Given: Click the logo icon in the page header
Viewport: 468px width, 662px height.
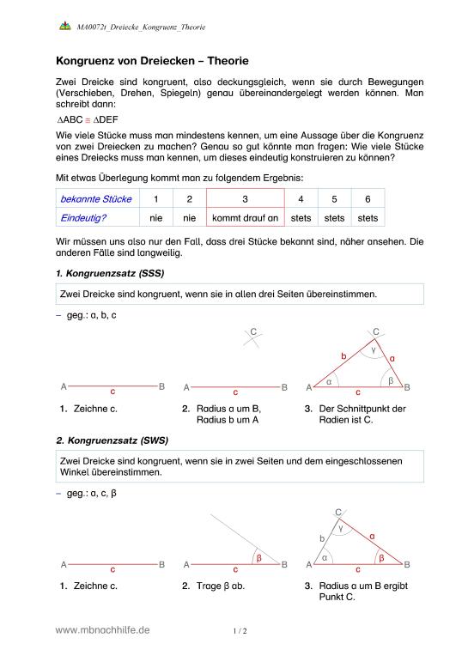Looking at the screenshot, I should (x=64, y=27).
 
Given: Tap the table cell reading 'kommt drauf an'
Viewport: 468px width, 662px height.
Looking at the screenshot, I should (x=245, y=218).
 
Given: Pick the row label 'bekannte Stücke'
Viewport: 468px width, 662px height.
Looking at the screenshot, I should (x=95, y=199).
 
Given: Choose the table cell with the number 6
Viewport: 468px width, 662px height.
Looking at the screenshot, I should (x=367, y=199).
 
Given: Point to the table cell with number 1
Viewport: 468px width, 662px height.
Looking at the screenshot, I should (x=155, y=199).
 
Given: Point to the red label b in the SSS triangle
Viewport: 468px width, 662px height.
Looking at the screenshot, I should (x=343, y=355).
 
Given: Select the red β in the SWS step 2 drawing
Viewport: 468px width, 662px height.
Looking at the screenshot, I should (x=258, y=557).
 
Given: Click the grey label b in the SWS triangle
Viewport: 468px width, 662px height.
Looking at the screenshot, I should (x=322, y=539).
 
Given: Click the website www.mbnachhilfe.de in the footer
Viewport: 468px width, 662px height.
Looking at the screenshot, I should (x=102, y=629).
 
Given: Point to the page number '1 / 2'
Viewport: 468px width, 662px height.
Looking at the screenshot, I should (x=240, y=631).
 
